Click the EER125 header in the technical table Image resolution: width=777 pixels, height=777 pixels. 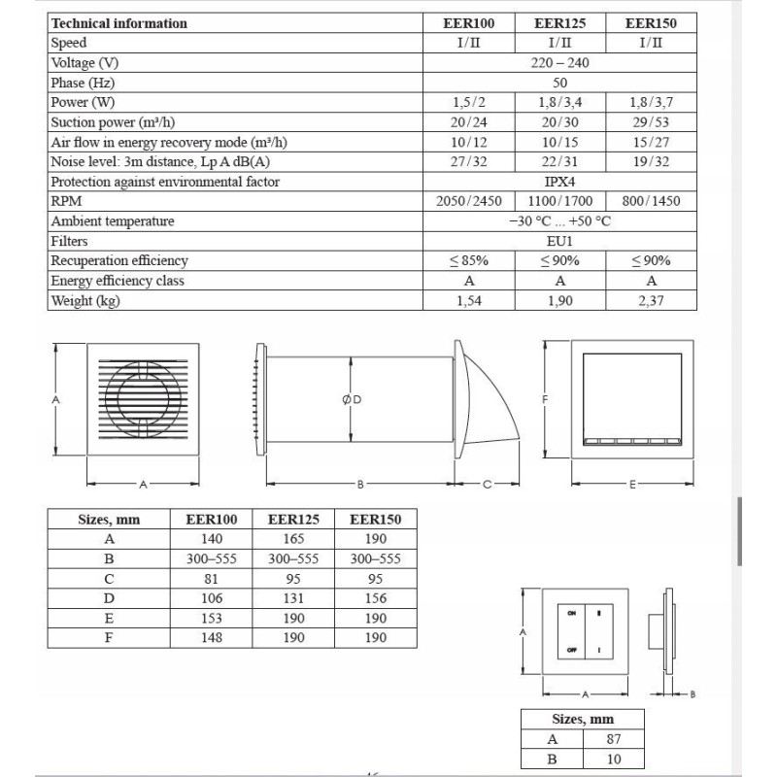tap(559, 23)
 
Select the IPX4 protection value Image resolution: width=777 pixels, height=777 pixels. tap(559, 182)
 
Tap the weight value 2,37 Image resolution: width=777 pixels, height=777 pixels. tap(651, 301)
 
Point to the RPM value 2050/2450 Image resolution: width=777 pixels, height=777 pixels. tap(469, 201)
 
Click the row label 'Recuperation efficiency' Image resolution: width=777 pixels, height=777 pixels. tap(119, 261)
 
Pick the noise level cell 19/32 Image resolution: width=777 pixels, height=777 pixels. tap(651, 161)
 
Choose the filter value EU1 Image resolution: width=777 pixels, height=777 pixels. tap(559, 241)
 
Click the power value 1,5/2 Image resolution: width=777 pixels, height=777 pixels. tap(469, 102)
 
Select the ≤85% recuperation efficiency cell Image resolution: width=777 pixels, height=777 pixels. tap(469, 261)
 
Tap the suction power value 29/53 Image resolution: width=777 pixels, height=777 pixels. tap(651, 122)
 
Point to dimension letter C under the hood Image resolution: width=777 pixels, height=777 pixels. tap(487, 483)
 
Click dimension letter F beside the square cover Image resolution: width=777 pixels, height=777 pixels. tap(546, 399)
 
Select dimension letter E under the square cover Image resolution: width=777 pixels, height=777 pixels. tap(632, 483)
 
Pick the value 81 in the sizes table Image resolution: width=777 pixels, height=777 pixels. tap(211, 579)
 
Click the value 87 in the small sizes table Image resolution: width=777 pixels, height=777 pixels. tap(612, 739)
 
